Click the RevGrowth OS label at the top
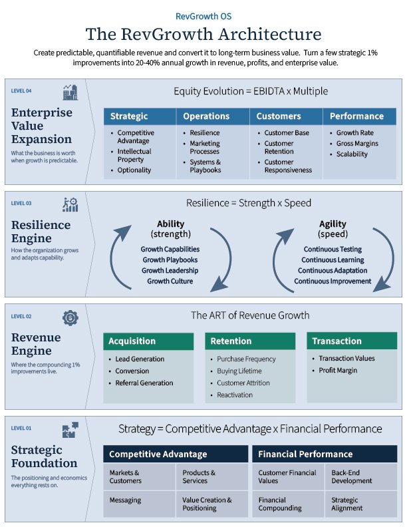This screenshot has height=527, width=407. coord(203,16)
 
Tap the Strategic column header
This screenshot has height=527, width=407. coord(140,116)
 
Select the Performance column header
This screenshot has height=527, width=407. coord(360,116)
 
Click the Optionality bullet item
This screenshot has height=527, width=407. coord(134,170)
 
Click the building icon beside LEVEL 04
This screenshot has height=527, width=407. coord(70,92)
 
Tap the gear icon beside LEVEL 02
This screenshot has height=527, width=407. coord(70,317)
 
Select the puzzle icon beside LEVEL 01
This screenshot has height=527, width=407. coord(70,430)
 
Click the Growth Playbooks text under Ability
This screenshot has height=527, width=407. coord(170,260)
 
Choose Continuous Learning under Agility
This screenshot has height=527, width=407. coord(333,260)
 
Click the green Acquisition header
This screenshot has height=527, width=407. coord(148,341)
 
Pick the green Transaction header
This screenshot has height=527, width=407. coord(352,341)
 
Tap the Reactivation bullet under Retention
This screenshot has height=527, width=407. coord(235,395)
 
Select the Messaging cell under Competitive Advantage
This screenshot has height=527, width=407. coord(139,504)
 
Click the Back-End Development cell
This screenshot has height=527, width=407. coord(361,476)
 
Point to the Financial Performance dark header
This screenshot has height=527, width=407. coord(325,454)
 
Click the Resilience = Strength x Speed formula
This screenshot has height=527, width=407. coord(249,203)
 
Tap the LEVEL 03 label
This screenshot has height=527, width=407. coord(21,204)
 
